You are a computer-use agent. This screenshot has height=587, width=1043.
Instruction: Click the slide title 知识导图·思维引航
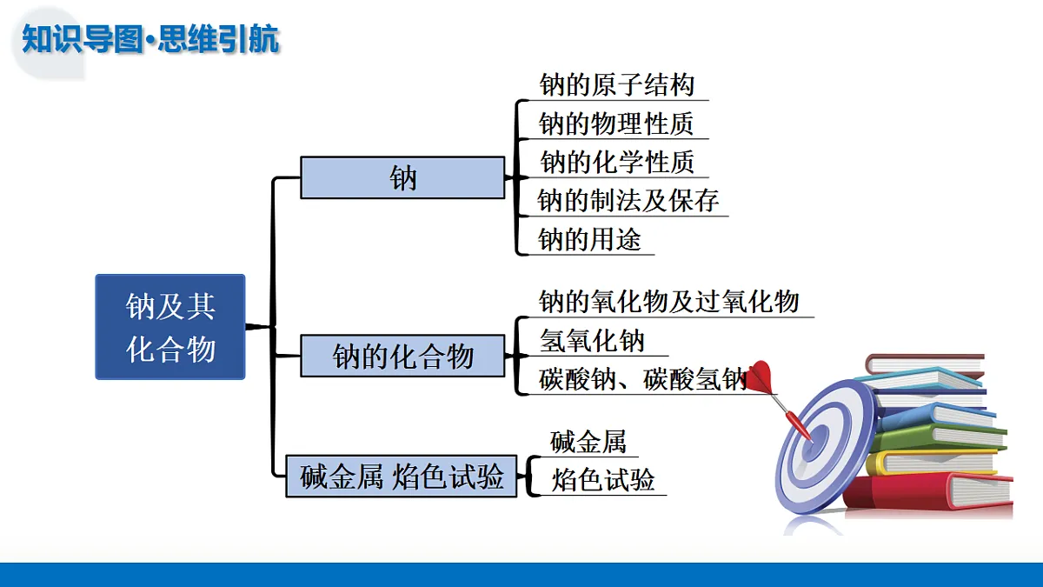150,39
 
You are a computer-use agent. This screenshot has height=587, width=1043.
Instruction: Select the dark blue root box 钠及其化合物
170,327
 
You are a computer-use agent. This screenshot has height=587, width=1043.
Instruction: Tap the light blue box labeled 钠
402,177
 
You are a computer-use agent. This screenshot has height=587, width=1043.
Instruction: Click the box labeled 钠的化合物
402,356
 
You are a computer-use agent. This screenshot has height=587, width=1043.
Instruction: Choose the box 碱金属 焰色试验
402,477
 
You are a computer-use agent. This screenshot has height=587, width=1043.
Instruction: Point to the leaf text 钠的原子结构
616,85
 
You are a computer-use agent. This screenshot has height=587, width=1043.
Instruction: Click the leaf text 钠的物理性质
616,123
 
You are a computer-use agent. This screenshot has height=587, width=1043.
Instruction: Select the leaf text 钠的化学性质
617,162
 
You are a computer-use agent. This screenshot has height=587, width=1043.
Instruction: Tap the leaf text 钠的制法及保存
628,201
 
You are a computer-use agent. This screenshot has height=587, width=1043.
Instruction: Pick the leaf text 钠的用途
590,239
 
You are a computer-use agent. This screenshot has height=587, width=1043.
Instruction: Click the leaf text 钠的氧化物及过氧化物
668,302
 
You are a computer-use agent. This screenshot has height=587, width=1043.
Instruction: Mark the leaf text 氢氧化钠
592,341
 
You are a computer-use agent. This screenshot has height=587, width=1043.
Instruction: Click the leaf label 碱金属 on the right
588,442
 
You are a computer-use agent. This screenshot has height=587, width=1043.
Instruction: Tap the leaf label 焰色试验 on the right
603,480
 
